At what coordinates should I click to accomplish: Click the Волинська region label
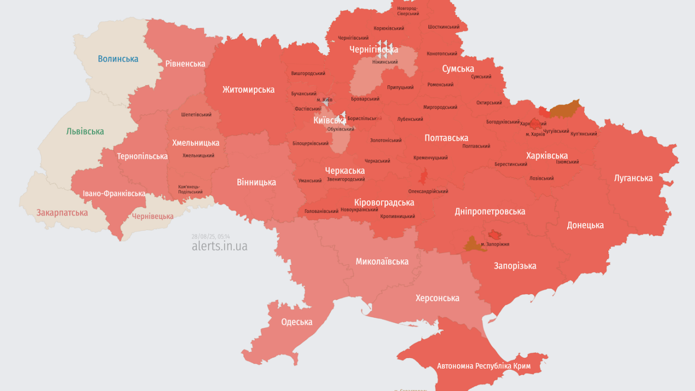(118, 59)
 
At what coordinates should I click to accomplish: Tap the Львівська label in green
(85, 131)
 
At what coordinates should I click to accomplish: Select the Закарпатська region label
(62, 213)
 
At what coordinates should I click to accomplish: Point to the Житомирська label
(248, 90)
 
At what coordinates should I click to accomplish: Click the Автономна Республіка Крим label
(484, 366)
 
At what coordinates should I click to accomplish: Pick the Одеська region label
(296, 322)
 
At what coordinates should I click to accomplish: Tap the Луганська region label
(633, 178)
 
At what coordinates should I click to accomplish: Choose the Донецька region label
(585, 225)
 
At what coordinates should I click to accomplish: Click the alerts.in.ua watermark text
(219, 246)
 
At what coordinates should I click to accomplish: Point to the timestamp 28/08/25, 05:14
(211, 236)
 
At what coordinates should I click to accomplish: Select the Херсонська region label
(437, 298)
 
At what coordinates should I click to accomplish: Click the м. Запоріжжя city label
(495, 244)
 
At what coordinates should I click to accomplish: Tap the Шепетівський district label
(196, 115)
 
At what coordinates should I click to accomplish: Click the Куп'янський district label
(584, 134)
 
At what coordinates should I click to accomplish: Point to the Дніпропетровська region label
(490, 211)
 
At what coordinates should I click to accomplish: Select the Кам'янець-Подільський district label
(191, 190)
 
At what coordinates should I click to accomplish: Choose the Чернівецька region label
(153, 216)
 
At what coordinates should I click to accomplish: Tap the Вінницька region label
(256, 182)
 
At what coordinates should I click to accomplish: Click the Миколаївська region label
(382, 262)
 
